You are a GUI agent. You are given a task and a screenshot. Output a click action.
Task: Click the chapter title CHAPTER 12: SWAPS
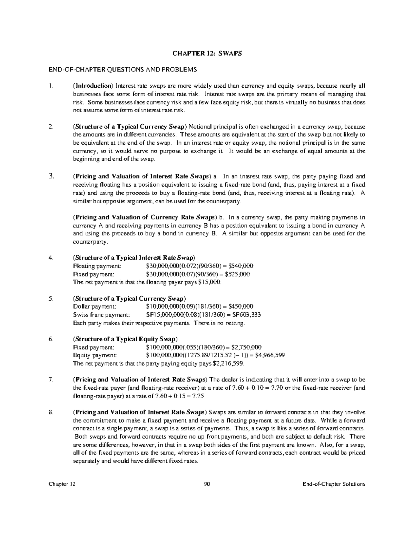tap(207, 53)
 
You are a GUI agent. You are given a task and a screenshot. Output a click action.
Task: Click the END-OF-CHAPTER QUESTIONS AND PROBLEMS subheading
tap(123, 70)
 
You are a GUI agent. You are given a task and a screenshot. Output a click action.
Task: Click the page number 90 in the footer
tap(207, 484)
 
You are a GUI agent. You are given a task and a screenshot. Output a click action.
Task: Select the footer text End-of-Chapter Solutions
tap(333, 484)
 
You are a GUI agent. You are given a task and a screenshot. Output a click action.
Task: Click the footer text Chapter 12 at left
tap(62, 484)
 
